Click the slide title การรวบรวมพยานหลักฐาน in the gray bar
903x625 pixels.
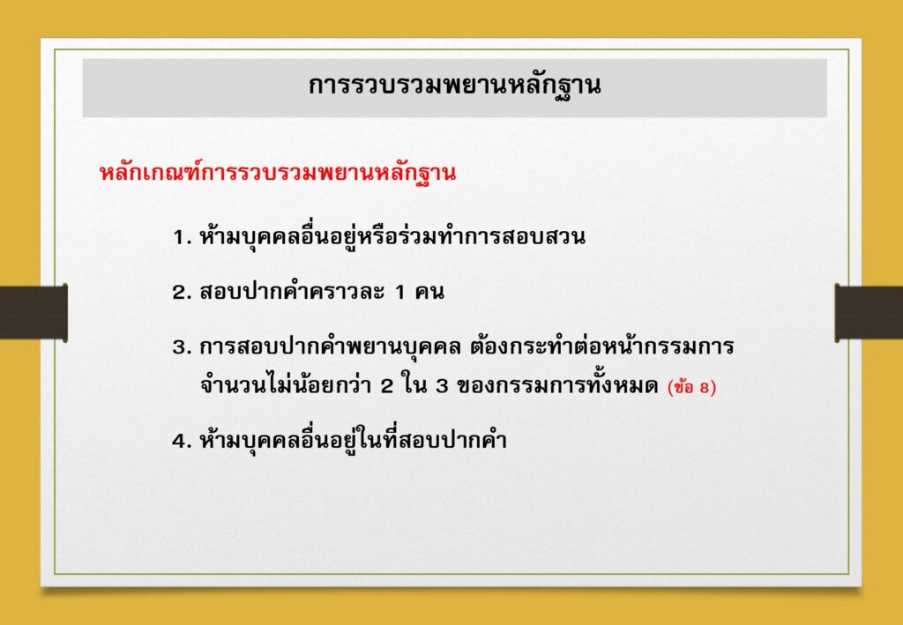[x=454, y=87]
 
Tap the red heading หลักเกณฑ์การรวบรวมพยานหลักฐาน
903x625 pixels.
[x=278, y=174]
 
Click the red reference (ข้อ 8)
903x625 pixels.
[x=691, y=387]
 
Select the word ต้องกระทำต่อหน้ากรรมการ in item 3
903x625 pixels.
[x=601, y=347]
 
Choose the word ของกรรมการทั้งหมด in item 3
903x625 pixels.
[x=556, y=385]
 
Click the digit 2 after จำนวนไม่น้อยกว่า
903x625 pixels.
[x=387, y=387]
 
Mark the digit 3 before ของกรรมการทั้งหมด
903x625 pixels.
[x=441, y=387]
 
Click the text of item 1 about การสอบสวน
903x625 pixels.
[x=392, y=236]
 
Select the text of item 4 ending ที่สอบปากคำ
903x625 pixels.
[x=353, y=440]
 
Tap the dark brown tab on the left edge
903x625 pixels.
[x=34, y=312]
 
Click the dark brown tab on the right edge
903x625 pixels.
[x=869, y=312]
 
